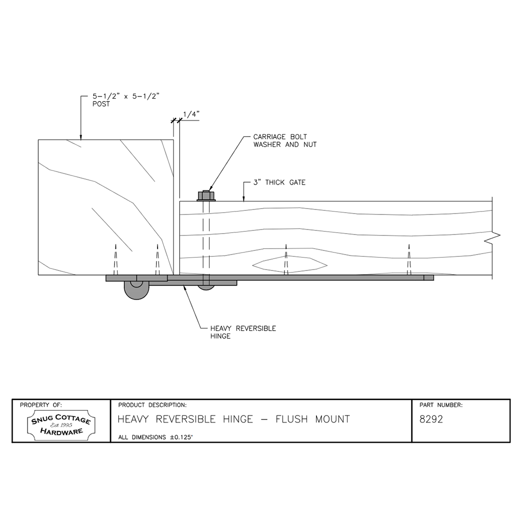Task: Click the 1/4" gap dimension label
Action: click(x=191, y=114)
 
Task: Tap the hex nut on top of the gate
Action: click(x=206, y=195)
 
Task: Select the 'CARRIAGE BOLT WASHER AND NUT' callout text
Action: click(x=285, y=140)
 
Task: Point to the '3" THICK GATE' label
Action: click(x=279, y=182)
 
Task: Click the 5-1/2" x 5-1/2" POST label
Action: click(x=126, y=100)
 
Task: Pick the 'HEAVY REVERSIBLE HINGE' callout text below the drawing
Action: click(x=243, y=332)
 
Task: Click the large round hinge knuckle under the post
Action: click(x=136, y=290)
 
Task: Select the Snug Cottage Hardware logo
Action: click(x=61, y=425)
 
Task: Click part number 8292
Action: click(x=431, y=419)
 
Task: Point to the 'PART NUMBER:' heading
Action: click(x=441, y=405)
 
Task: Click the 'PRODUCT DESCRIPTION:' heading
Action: click(x=152, y=405)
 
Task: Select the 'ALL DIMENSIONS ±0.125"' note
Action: click(x=155, y=437)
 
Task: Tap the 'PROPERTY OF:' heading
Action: click(x=41, y=405)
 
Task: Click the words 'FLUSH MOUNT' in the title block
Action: click(x=312, y=419)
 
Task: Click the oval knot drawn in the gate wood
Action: click(x=289, y=264)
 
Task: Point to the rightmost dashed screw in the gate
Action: click(x=409, y=259)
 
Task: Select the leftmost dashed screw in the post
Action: click(x=115, y=259)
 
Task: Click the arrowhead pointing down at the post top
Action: click(x=80, y=137)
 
